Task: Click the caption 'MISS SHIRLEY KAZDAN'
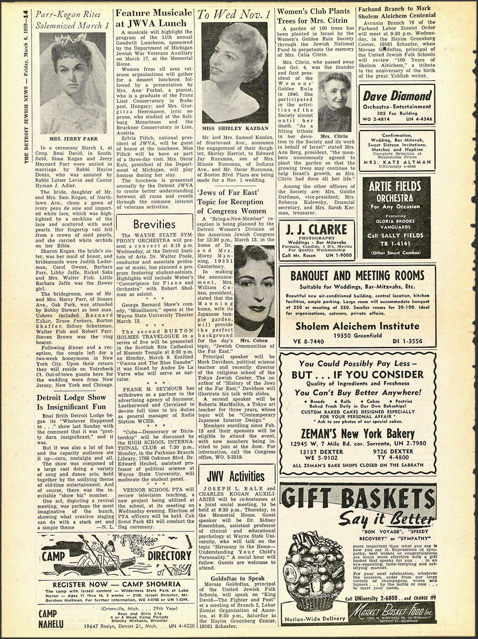[235, 128]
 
